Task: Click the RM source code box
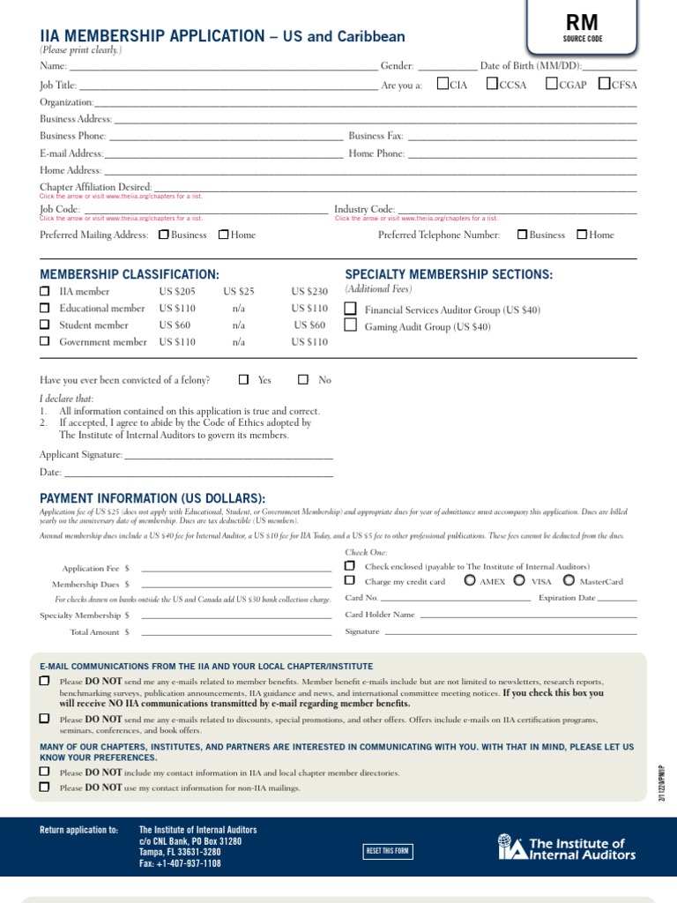(582, 26)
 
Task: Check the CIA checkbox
(443, 85)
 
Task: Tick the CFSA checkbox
(604, 85)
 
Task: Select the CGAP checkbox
(551, 85)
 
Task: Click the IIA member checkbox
(45, 291)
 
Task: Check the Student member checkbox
(45, 325)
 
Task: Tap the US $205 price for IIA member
(177, 292)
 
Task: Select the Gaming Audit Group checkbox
(351, 325)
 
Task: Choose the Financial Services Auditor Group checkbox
(351, 309)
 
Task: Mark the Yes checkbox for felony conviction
(244, 380)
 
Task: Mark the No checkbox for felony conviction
(303, 380)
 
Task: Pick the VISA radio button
(519, 580)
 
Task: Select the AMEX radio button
(469, 580)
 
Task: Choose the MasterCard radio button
(569, 580)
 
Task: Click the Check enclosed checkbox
(350, 565)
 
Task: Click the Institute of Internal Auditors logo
(567, 848)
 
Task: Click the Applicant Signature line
(228, 456)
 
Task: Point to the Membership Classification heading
(130, 275)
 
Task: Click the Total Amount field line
(235, 633)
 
